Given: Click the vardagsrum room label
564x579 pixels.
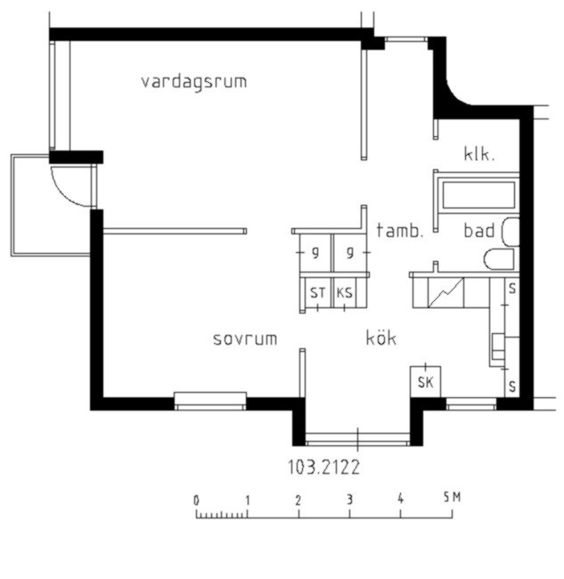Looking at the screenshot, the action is click(194, 82).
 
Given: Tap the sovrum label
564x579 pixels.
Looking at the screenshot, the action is click(245, 339).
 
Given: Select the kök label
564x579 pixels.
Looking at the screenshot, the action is click(381, 337).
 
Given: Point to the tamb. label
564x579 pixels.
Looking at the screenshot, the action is click(399, 231).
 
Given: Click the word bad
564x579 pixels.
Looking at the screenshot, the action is click(479, 231).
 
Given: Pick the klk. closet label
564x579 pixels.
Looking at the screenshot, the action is click(478, 153).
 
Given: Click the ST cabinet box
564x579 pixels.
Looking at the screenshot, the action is click(318, 292).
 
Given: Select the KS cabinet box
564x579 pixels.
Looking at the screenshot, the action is click(344, 292).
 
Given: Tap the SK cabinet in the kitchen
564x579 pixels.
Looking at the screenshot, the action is click(425, 382).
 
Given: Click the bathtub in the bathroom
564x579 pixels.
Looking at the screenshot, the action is click(478, 194).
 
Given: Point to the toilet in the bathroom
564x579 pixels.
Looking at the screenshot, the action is click(499, 259).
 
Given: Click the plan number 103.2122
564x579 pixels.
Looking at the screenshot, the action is click(323, 467).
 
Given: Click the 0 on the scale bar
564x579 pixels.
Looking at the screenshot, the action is click(196, 501).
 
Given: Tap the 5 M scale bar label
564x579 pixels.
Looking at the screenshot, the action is click(453, 497).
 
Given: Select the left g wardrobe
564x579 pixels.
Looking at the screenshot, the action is click(315, 253).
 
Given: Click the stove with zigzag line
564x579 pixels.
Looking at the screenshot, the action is click(445, 292).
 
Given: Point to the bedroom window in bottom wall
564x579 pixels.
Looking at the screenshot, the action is click(209, 402).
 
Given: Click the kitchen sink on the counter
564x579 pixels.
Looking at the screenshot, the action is click(498, 347).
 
